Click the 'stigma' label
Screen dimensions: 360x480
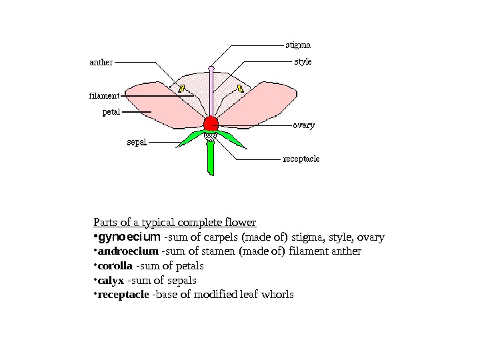coord(298,45)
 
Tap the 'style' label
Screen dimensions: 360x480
coord(303,62)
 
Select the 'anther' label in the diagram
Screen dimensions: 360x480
coord(101,63)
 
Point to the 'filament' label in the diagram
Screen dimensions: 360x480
coord(104,95)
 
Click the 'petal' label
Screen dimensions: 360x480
coord(111,112)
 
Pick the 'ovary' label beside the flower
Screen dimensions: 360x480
coord(303,125)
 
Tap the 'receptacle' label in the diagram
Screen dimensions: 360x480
coord(301,159)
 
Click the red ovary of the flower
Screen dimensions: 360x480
coord(211,123)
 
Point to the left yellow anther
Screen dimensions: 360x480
coord(181,88)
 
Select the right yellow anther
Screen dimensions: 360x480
coord(239,88)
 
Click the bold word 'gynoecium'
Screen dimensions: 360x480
coord(129,237)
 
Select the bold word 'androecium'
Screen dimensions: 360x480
coord(128,251)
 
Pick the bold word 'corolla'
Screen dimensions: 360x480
coord(115,266)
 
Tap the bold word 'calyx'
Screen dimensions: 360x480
coord(111,281)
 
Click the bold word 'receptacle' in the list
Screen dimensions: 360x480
coord(123,295)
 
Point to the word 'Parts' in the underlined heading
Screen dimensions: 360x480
coord(105,222)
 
